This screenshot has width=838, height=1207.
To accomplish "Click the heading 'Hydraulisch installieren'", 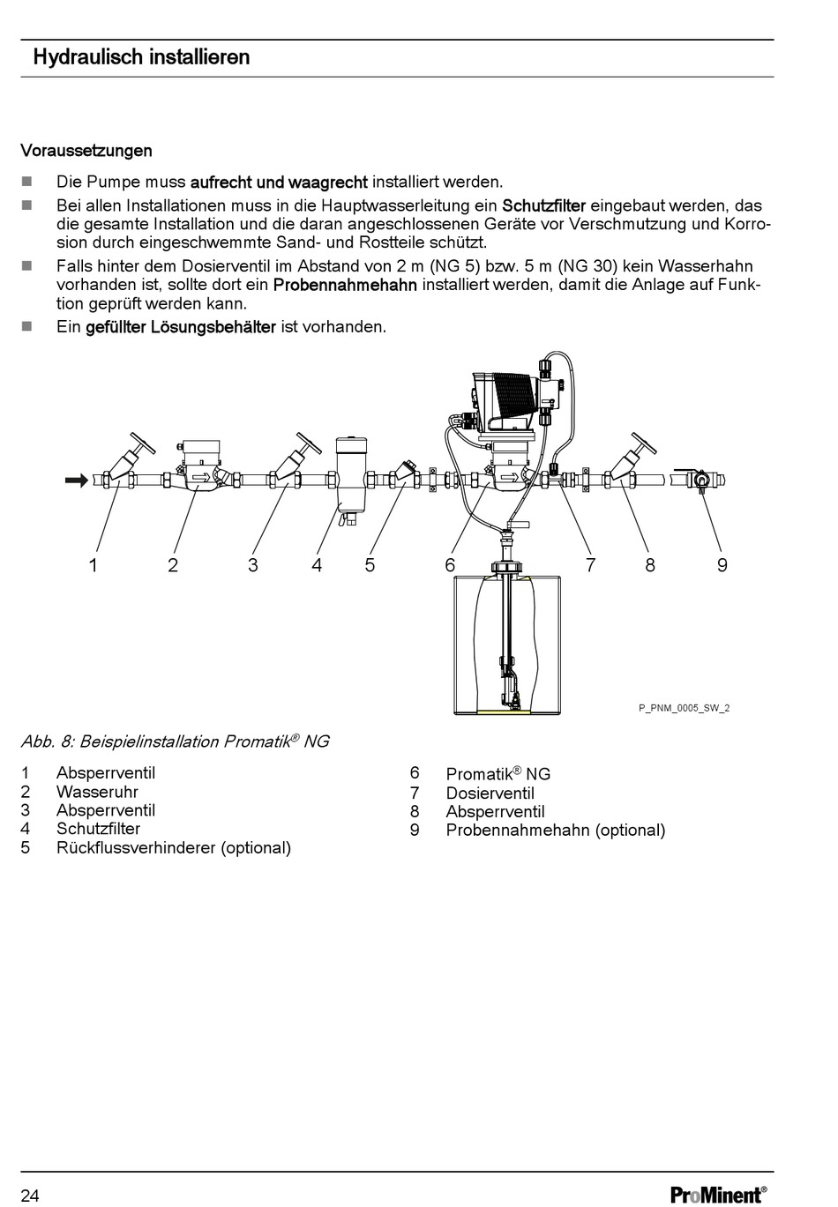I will click(141, 58).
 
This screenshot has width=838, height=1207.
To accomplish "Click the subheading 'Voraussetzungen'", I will click(86, 151).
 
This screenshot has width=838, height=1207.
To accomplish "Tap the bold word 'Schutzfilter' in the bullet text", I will click(543, 205).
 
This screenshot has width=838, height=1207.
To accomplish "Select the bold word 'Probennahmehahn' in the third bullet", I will click(345, 285).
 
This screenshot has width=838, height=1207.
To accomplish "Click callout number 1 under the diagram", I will click(93, 565).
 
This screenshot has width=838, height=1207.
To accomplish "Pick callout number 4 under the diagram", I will click(317, 565).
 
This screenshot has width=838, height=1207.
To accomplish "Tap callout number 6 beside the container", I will click(450, 565).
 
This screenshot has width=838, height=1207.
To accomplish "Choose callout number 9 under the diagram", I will click(722, 565).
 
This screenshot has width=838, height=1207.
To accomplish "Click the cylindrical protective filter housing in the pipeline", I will click(351, 472).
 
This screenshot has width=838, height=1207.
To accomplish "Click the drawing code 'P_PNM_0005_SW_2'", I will click(684, 708).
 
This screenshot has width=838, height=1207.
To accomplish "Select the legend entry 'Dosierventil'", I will click(490, 793).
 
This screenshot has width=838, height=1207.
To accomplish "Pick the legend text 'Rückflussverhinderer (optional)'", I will click(173, 848).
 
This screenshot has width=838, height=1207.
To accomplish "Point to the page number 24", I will click(30, 1196).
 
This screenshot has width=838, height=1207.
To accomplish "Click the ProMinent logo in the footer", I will click(718, 1195).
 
